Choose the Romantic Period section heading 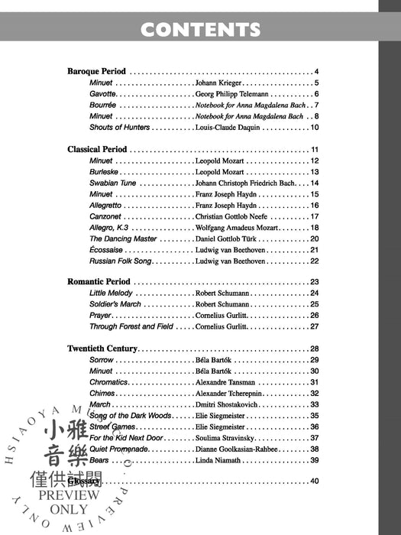(x=97, y=282)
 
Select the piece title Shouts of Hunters (x=119, y=127)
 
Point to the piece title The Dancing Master (x=123, y=238)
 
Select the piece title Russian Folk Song (x=121, y=261)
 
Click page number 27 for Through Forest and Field (x=314, y=326)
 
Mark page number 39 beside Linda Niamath (x=314, y=460)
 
